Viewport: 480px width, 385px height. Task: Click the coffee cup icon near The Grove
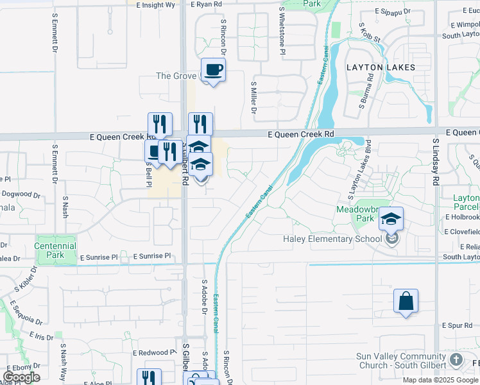214,69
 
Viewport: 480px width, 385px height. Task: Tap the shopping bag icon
406,301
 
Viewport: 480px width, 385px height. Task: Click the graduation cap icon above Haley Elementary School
391,219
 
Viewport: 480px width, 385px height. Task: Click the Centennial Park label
55,250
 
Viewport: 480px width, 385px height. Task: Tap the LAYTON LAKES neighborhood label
381,67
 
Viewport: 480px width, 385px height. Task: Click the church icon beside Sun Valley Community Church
456,359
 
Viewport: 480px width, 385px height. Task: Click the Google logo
22,377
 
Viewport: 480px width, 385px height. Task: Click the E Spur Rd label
456,326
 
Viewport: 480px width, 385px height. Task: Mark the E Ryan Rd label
206,4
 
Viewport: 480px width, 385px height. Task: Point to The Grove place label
176,76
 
